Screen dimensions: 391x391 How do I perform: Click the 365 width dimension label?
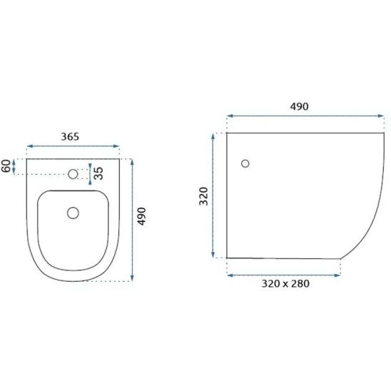[x=70, y=137]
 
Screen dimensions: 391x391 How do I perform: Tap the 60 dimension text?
[x=6, y=166]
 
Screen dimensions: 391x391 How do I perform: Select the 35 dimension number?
[x=98, y=173]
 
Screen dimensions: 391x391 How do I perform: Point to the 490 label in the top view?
[x=141, y=216]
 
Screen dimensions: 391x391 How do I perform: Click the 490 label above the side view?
[x=299, y=106]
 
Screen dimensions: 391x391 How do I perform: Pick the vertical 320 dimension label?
[x=203, y=196]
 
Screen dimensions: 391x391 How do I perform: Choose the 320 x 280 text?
[x=285, y=283]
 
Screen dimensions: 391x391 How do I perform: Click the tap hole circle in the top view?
[x=73, y=174]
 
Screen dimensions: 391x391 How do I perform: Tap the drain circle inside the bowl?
[x=73, y=213]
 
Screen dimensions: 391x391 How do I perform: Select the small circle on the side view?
[x=245, y=163]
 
